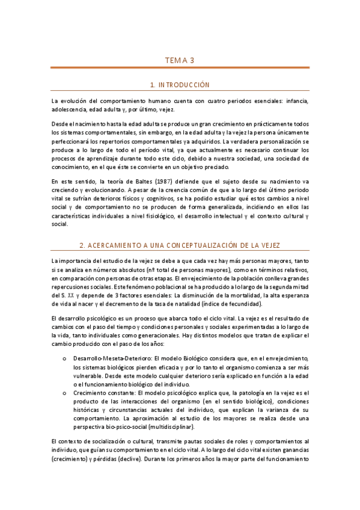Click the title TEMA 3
(x=180, y=60)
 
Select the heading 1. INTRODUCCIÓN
(x=180, y=85)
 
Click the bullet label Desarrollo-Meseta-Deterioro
(x=112, y=357)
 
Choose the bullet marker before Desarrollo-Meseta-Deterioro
(x=64, y=357)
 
